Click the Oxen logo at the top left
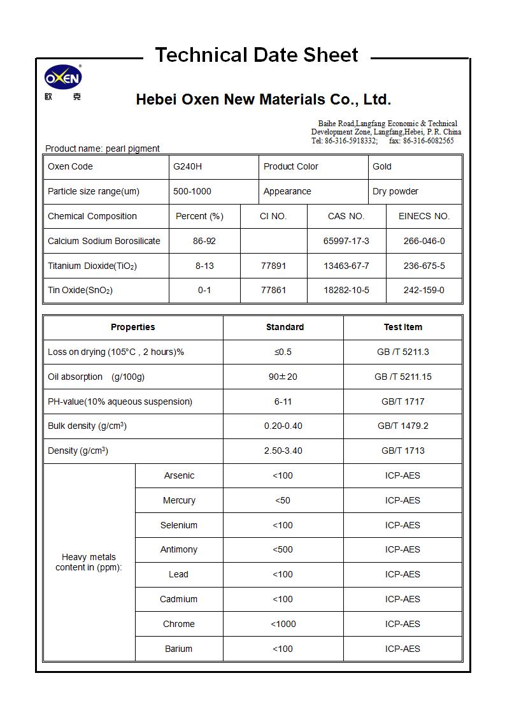pyautogui.click(x=63, y=78)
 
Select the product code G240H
pyautogui.click(x=187, y=166)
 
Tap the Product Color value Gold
pyautogui.click(x=382, y=166)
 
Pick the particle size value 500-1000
pyautogui.click(x=192, y=191)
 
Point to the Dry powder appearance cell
pyautogui.click(x=396, y=191)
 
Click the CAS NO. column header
pyautogui.click(x=346, y=216)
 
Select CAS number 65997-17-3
pyautogui.click(x=346, y=241)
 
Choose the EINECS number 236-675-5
pyautogui.click(x=424, y=266)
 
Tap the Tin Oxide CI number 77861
pyautogui.click(x=273, y=290)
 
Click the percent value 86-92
pyautogui.click(x=204, y=241)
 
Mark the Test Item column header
pyautogui.click(x=402, y=327)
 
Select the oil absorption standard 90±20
pyautogui.click(x=283, y=377)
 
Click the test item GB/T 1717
pyautogui.click(x=402, y=401)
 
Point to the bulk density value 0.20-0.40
pyautogui.click(x=283, y=426)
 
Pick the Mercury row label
pyautogui.click(x=179, y=500)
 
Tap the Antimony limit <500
pyautogui.click(x=283, y=549)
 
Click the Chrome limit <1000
pyautogui.click(x=283, y=624)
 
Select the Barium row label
pyautogui.click(x=178, y=649)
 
